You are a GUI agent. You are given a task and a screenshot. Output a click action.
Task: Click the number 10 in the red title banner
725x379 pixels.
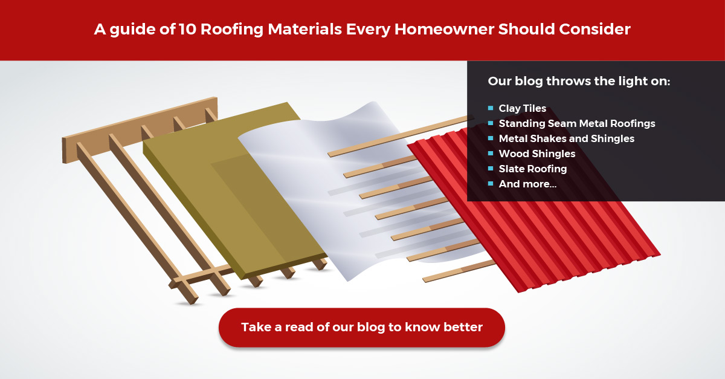(187, 29)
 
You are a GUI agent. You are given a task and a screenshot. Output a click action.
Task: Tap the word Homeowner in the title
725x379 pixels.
(444, 29)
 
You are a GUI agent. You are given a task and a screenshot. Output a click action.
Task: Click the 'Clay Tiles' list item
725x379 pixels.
(522, 108)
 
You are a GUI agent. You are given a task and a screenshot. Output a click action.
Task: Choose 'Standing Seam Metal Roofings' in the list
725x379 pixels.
(577, 123)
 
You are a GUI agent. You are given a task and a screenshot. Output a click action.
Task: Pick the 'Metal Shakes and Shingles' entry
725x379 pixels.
(567, 138)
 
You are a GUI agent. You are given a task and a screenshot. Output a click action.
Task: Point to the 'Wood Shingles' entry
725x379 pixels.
(537, 154)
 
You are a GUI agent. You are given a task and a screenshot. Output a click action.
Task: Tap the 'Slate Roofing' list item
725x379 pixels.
(533, 169)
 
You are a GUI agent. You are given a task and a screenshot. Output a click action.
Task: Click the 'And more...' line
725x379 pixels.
(527, 184)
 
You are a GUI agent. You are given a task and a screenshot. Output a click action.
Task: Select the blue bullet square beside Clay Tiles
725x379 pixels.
(491, 108)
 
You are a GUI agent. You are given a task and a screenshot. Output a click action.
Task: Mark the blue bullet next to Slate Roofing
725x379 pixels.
(491, 169)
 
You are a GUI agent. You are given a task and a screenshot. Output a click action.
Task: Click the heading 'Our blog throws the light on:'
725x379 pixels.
(579, 81)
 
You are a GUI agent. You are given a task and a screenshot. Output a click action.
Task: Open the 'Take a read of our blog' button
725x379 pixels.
(362, 328)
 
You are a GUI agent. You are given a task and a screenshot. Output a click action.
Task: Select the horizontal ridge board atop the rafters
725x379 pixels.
(140, 129)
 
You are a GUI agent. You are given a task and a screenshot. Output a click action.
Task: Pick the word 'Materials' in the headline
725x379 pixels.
(305, 29)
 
